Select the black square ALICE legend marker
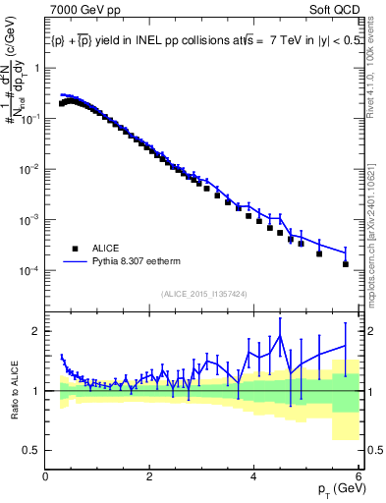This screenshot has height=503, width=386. [74, 249]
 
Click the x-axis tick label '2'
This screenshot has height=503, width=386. [149, 478]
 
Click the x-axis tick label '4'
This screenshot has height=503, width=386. [254, 478]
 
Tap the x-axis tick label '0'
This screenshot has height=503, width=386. [46, 478]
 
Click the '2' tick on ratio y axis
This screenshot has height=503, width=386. [36, 331]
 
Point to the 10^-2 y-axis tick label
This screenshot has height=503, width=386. [29, 169]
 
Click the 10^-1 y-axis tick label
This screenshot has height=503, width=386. [29, 119]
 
